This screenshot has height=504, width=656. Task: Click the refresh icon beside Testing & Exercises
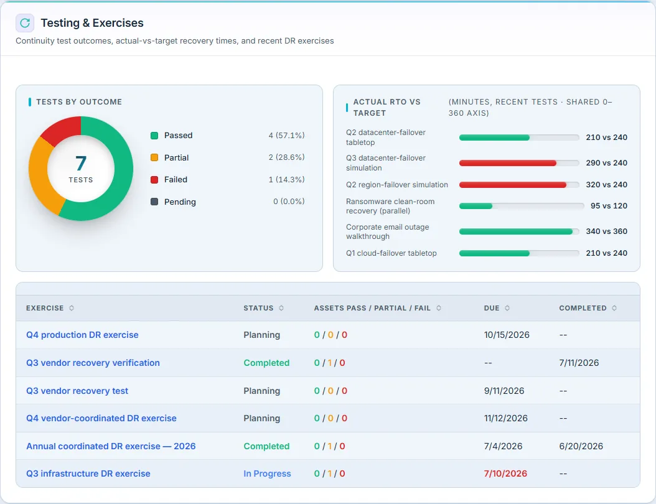[x=25, y=23]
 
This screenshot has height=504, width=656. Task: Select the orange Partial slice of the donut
[x=42, y=175]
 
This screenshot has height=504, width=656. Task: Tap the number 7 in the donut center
[x=81, y=163]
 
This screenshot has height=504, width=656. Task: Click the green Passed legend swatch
[x=154, y=136]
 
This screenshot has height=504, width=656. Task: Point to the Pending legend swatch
[x=154, y=202]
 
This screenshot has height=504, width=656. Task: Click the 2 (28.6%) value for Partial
[x=286, y=157]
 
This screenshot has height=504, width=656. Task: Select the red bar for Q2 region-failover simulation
[x=512, y=184]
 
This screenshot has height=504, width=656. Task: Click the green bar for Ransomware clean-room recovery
[x=476, y=206]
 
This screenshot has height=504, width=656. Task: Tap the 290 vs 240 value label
[x=606, y=162]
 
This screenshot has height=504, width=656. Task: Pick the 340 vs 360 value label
[x=606, y=231]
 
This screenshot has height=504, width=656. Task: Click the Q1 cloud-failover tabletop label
[x=391, y=253]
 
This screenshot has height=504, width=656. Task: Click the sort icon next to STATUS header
[x=281, y=308]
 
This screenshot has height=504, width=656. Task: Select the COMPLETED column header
[x=583, y=308]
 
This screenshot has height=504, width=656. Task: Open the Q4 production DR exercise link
[x=82, y=335]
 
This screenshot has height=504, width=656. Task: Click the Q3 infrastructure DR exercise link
[x=88, y=474]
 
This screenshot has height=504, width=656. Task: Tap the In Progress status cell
[x=267, y=474]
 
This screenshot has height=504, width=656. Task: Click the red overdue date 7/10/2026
[x=505, y=474]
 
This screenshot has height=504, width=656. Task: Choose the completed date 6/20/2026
[x=581, y=446]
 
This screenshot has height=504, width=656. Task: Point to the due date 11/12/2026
[x=506, y=418]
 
